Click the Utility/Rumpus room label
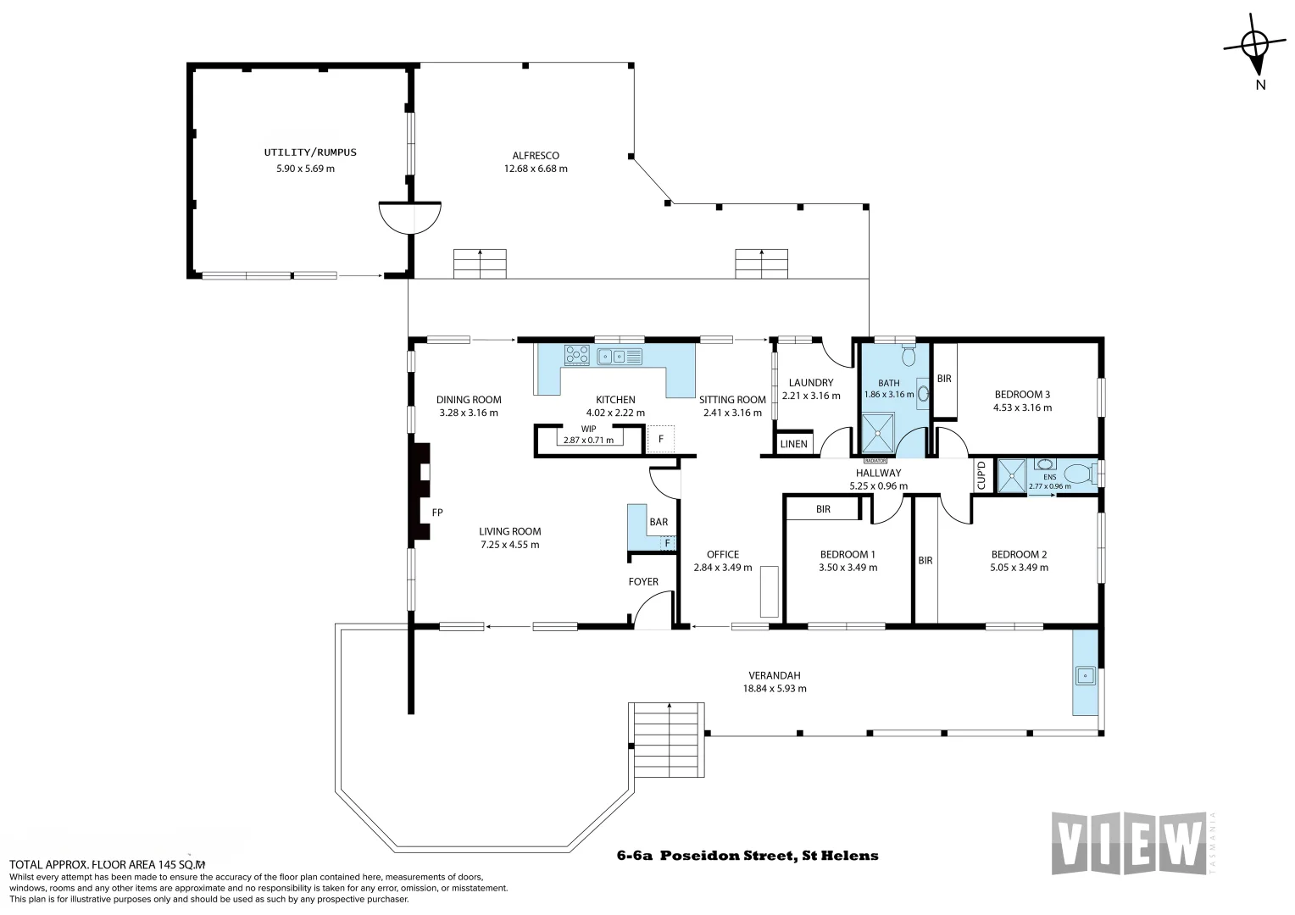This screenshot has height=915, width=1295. point(310,152)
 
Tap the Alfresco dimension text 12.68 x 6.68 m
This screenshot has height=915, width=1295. point(536,169)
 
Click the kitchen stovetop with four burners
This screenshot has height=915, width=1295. point(576,356)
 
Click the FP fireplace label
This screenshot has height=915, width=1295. point(437,512)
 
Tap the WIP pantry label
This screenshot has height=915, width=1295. point(588,429)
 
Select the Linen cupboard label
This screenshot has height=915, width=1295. point(794,444)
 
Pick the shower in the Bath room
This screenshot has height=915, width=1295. point(877,432)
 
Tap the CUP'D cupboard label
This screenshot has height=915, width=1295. point(981,475)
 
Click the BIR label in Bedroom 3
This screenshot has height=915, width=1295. point(944,379)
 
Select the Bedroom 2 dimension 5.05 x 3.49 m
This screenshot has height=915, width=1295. point(1019,568)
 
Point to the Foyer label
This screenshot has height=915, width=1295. point(643,581)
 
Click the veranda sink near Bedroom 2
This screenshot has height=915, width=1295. point(1085,675)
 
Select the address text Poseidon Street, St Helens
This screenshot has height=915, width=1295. point(769,856)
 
